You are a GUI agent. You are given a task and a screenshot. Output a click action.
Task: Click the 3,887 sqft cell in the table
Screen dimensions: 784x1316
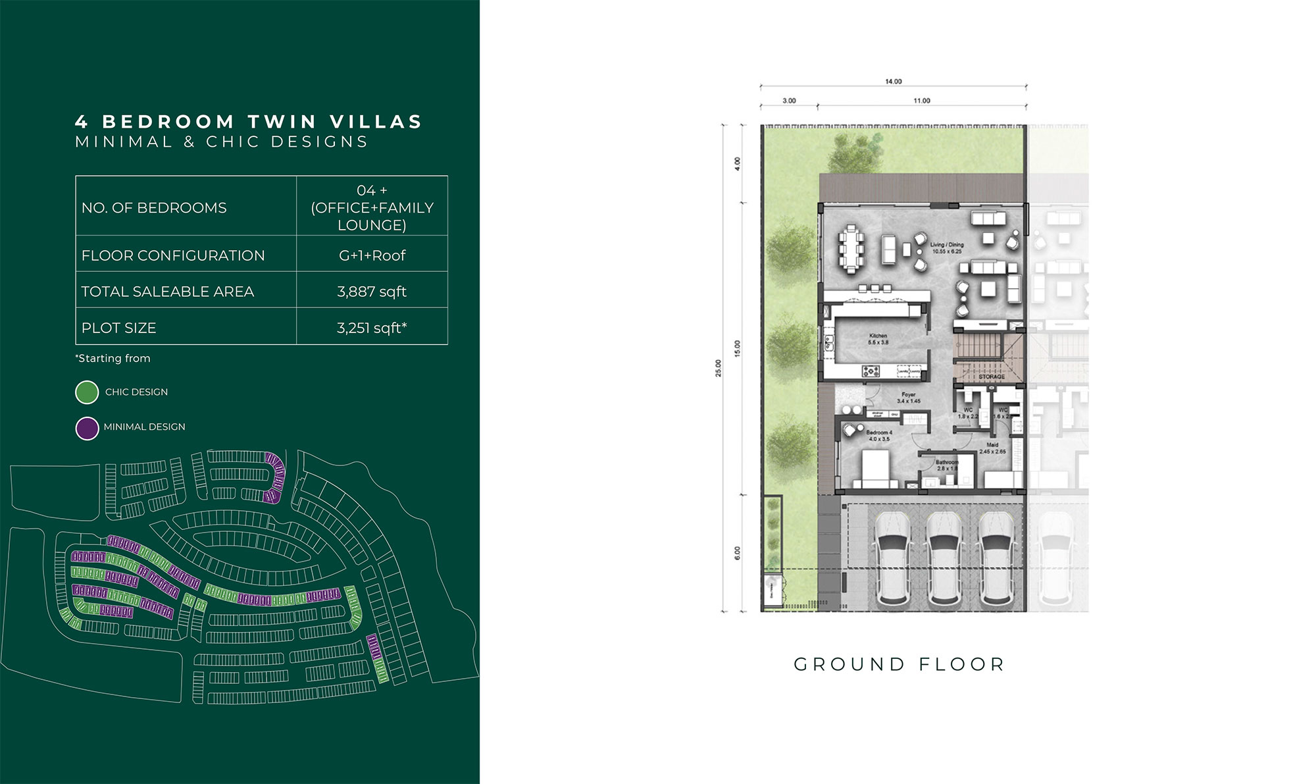coord(372,292)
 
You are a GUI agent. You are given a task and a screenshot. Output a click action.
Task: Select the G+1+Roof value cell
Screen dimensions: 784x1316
coord(372,255)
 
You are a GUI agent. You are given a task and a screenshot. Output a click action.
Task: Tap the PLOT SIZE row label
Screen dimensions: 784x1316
coord(119,328)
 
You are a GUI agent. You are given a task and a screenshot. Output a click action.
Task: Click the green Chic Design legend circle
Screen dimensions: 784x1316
coord(87,392)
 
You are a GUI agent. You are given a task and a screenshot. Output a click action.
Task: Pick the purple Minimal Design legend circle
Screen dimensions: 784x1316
coord(87,428)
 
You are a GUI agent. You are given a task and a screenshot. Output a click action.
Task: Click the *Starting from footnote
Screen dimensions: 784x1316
coord(113,358)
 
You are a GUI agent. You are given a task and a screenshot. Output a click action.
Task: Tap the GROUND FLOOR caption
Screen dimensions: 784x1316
coord(899,664)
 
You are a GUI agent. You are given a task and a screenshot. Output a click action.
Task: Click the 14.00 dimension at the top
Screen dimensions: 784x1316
coord(893,82)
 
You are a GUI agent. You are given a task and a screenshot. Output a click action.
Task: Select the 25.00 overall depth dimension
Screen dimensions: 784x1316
coord(718,368)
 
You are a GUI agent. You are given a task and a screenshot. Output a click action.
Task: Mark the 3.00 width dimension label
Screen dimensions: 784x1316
coord(789,101)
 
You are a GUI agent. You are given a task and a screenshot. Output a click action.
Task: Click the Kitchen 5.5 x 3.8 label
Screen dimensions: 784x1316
coord(878,339)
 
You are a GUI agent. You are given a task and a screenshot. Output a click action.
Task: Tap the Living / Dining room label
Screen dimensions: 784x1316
coord(947,248)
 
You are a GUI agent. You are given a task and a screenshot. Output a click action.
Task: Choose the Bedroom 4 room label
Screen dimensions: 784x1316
coord(878,436)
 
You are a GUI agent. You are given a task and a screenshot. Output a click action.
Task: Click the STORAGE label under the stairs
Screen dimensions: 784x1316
coord(992,377)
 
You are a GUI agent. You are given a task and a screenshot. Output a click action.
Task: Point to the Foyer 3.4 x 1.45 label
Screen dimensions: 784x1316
coord(909,398)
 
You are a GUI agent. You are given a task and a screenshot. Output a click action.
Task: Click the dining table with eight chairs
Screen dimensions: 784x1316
coord(851,249)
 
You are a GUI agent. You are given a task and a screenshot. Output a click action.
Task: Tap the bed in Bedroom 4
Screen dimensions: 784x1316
coord(876,469)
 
